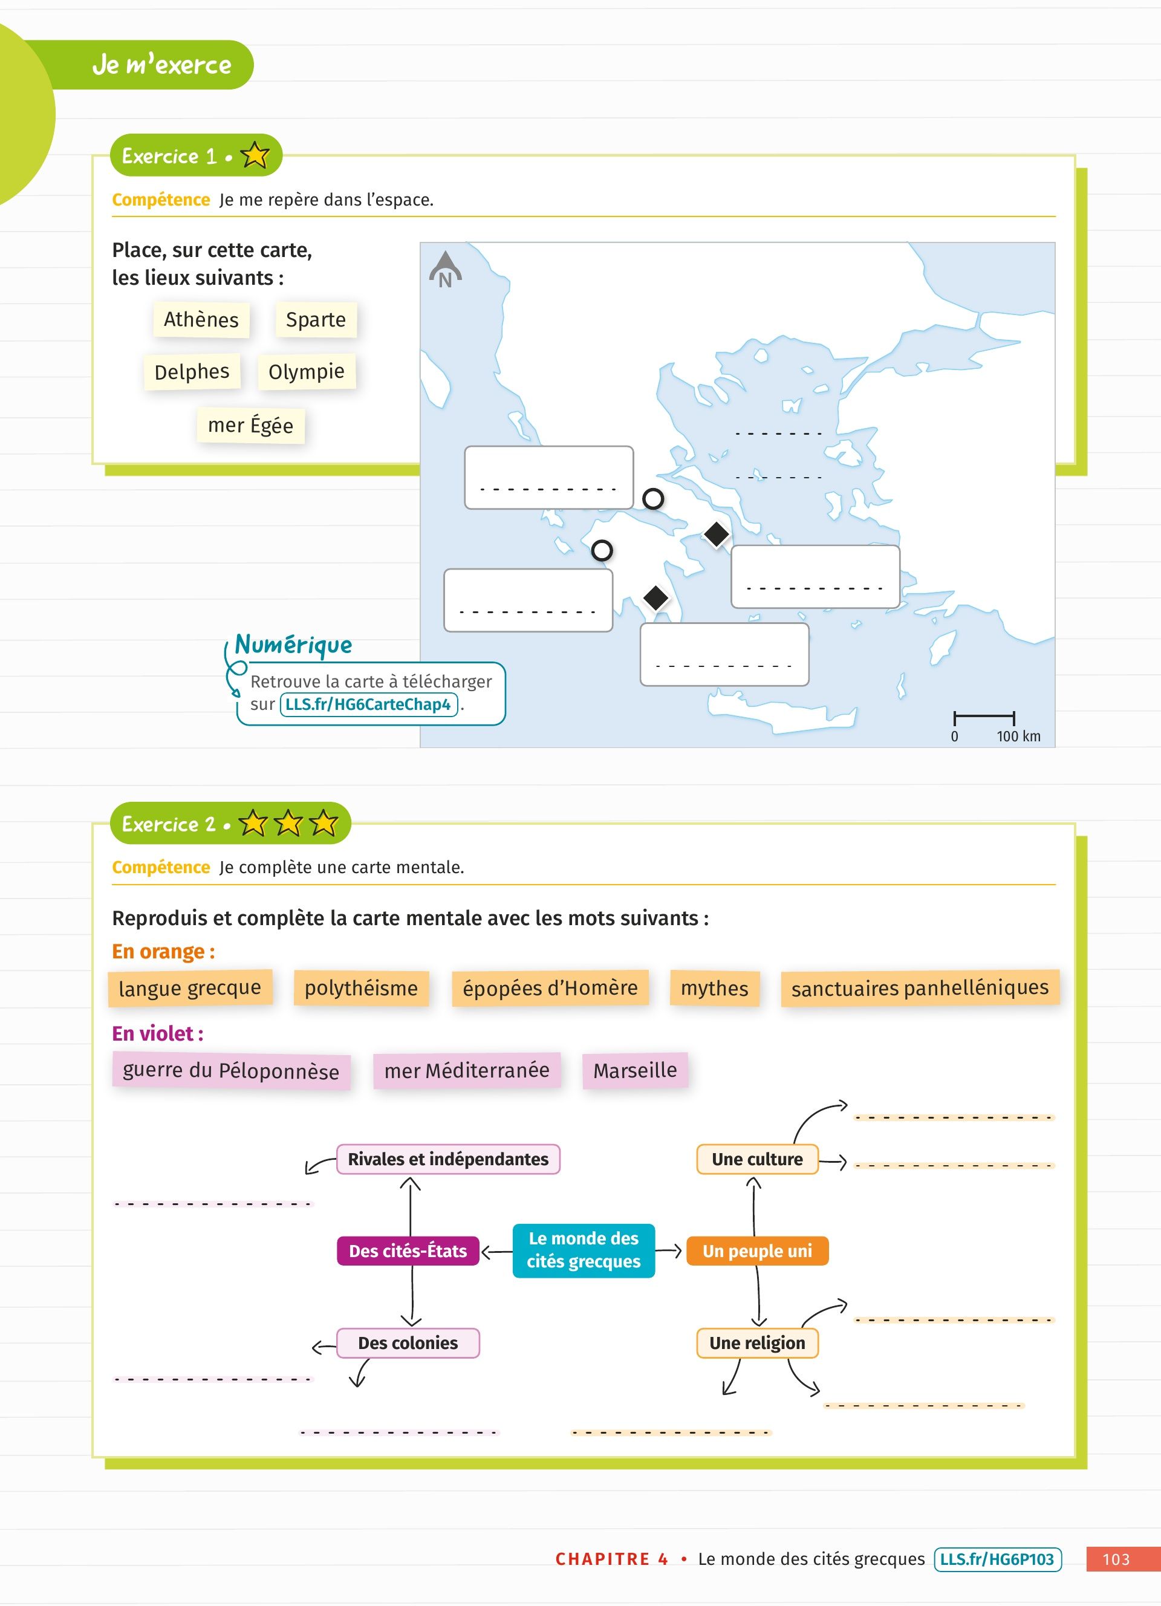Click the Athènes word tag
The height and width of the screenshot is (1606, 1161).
click(x=201, y=319)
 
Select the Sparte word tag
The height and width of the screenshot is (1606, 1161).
click(x=316, y=319)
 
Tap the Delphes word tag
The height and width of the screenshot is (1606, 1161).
click(x=192, y=372)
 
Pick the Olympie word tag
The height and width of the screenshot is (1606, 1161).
click(x=307, y=372)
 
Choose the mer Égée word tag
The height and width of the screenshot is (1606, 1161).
click(x=250, y=426)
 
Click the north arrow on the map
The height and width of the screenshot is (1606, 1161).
click(x=445, y=270)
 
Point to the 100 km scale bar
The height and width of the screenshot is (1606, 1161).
click(x=984, y=717)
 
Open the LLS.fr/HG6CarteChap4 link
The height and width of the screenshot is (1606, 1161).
click(x=369, y=704)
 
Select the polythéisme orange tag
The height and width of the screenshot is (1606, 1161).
click(x=361, y=988)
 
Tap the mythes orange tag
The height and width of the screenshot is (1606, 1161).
click(x=714, y=988)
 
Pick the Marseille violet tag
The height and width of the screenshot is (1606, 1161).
click(x=635, y=1070)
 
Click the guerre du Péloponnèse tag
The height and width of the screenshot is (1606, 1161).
click(x=231, y=1070)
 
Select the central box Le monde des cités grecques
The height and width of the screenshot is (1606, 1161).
click(x=584, y=1250)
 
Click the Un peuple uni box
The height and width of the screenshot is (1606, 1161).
click(x=757, y=1250)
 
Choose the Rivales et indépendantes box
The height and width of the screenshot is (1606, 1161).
click(x=448, y=1159)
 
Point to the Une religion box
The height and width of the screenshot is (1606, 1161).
click(x=757, y=1342)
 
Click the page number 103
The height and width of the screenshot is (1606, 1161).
click(x=1116, y=1559)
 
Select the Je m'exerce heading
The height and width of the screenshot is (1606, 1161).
click(x=162, y=65)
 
